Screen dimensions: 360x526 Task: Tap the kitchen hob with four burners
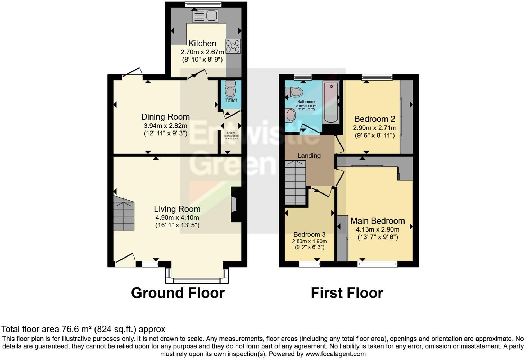[x=233, y=46]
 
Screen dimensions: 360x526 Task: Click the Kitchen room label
[x=202, y=44]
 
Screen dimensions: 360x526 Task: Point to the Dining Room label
[x=165, y=117]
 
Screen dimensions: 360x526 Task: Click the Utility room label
[x=231, y=133]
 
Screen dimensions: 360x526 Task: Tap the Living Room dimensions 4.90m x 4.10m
[x=177, y=218]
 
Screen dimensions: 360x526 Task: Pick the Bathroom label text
[x=306, y=102]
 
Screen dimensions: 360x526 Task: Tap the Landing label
[x=309, y=156]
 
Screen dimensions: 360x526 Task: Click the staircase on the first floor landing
[x=295, y=183]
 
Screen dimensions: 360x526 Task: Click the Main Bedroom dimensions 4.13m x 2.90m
[x=378, y=229]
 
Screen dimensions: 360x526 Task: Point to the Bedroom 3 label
[x=309, y=235]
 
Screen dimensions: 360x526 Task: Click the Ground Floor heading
[x=178, y=293]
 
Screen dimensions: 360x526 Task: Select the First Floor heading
[x=347, y=293]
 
